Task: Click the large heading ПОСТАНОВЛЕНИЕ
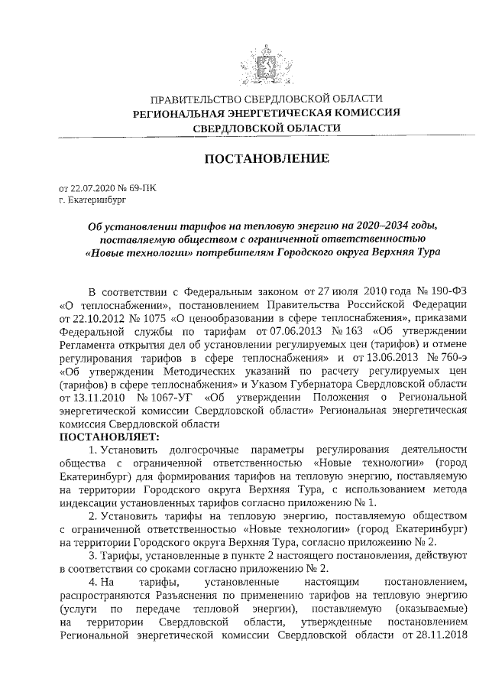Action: click(267, 159)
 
